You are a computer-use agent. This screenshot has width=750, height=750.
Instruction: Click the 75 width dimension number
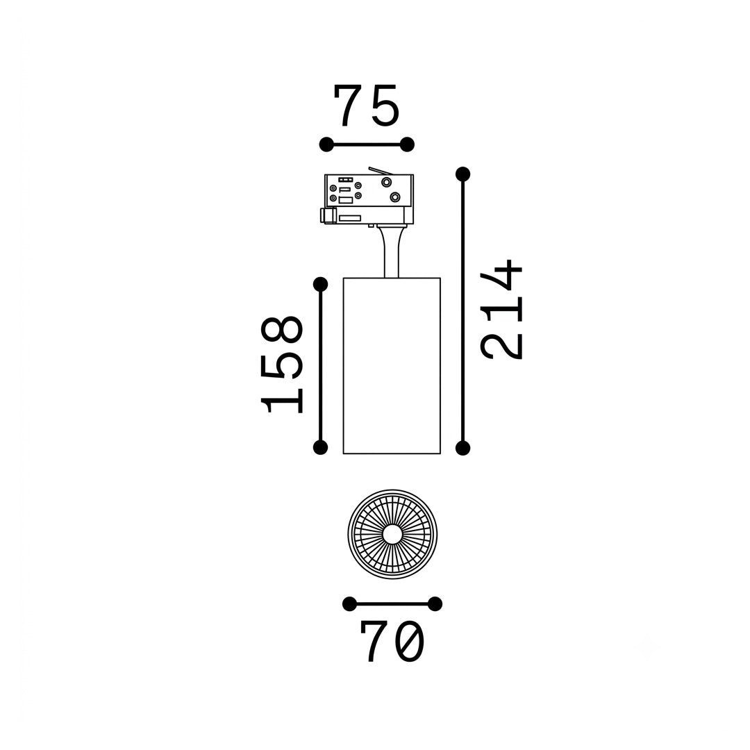367,106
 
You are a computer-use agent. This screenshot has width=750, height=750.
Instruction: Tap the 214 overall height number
502,310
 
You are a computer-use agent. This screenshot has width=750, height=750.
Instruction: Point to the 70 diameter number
392,642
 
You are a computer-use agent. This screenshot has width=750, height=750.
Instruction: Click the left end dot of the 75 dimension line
326,144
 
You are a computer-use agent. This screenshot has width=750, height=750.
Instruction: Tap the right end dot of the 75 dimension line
407,144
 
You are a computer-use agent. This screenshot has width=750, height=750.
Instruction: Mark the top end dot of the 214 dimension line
462,174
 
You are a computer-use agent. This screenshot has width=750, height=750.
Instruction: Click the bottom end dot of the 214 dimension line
462,448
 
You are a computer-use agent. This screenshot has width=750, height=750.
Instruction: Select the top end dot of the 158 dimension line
320,285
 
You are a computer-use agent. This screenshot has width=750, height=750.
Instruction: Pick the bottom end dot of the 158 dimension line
320,448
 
